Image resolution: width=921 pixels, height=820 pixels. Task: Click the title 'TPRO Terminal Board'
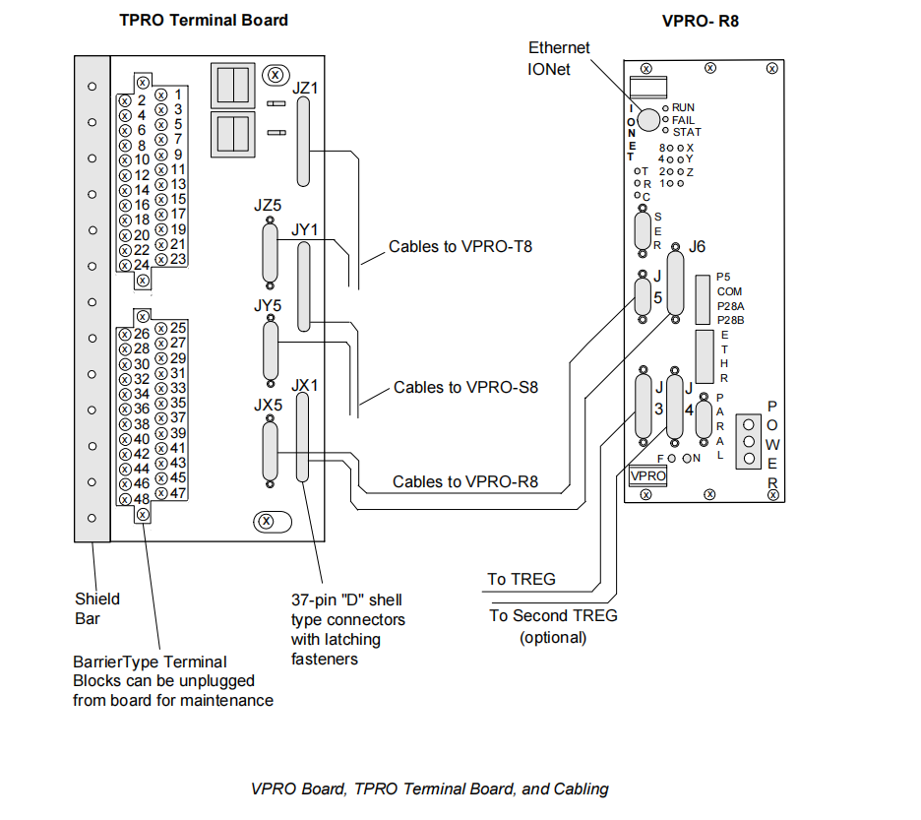(x=204, y=20)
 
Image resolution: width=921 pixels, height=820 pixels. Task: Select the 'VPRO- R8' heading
(x=701, y=20)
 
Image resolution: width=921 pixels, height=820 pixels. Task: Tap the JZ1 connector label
(x=306, y=89)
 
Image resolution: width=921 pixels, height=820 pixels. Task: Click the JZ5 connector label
(x=267, y=207)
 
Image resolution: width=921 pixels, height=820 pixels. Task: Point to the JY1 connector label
(x=306, y=228)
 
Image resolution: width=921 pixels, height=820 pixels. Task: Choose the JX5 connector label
(x=268, y=405)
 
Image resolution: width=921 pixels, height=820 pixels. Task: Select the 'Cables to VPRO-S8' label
(x=465, y=387)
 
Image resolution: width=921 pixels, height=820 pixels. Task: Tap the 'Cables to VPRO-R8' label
(x=464, y=482)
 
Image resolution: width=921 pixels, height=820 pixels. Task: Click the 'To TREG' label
(x=522, y=579)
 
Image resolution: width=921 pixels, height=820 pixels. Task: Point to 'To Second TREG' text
(x=554, y=615)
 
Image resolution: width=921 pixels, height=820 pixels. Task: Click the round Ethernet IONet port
(x=647, y=119)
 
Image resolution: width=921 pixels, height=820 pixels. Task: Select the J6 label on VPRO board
(x=698, y=246)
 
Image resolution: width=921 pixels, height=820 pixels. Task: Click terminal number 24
(x=142, y=265)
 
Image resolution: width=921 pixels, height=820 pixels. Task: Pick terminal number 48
(x=142, y=498)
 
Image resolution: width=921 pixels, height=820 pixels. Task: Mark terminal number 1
(x=178, y=95)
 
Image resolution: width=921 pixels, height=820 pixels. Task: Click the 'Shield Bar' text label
(x=97, y=608)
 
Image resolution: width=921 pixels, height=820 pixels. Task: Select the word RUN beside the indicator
(x=684, y=106)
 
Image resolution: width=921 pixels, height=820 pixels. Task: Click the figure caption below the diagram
(x=429, y=788)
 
